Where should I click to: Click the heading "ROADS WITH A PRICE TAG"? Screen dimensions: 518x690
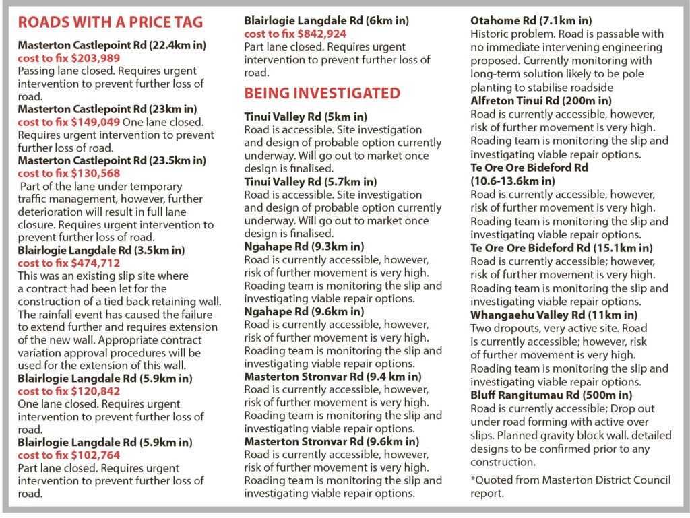tap(110, 23)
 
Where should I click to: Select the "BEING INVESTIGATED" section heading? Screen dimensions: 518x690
tap(322, 93)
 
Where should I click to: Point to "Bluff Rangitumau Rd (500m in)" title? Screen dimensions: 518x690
tap(551, 395)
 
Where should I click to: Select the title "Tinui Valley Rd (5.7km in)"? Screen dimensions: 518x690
tap(311, 182)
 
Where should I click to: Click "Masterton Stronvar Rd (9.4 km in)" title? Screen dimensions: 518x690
tap(333, 377)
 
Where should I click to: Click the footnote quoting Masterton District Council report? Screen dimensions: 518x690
tap(570, 486)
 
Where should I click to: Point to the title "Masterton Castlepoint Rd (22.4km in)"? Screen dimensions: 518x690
tap(112, 45)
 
